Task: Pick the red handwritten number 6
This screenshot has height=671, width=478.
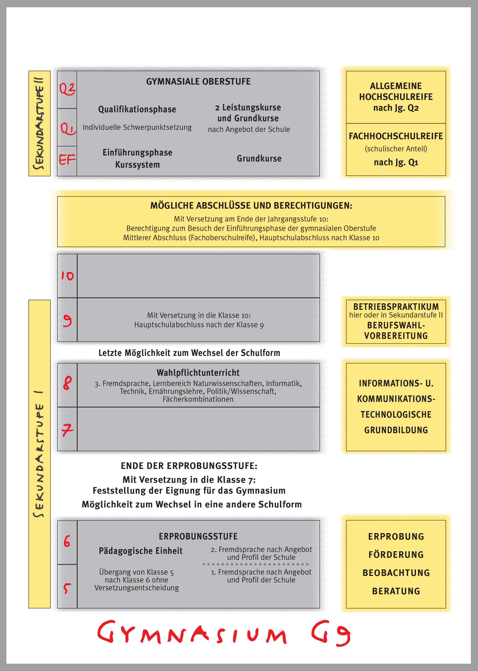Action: pos(67,541)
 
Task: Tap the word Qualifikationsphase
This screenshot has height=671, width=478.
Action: pos(137,109)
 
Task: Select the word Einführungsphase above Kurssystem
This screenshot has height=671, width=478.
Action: pos(138,152)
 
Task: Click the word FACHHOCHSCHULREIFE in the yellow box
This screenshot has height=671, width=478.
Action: pos(396,136)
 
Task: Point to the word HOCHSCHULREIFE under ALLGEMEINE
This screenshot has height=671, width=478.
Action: pos(396,97)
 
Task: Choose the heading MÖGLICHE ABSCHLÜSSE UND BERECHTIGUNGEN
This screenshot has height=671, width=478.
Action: pos(251,205)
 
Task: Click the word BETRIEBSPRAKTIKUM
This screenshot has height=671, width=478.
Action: pos(396,306)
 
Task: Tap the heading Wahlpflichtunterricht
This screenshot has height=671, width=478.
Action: pos(198,373)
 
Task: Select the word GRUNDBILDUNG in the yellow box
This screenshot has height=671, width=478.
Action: pos(396,430)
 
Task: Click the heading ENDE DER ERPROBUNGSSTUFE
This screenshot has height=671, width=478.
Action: pos(189,466)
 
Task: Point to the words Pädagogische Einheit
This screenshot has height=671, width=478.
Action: pos(141,551)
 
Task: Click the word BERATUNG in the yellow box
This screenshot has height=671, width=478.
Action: pos(396,591)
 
